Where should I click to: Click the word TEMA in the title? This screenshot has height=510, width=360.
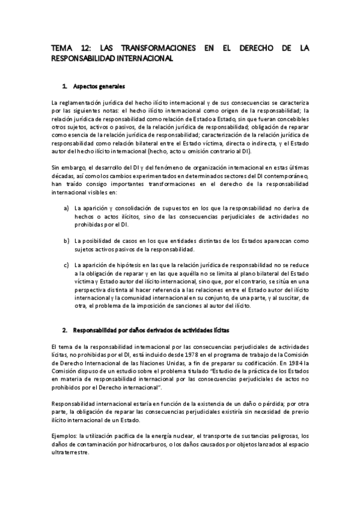60,49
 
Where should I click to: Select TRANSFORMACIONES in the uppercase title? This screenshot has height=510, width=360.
150,49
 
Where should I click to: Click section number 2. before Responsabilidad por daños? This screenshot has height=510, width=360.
66,331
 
